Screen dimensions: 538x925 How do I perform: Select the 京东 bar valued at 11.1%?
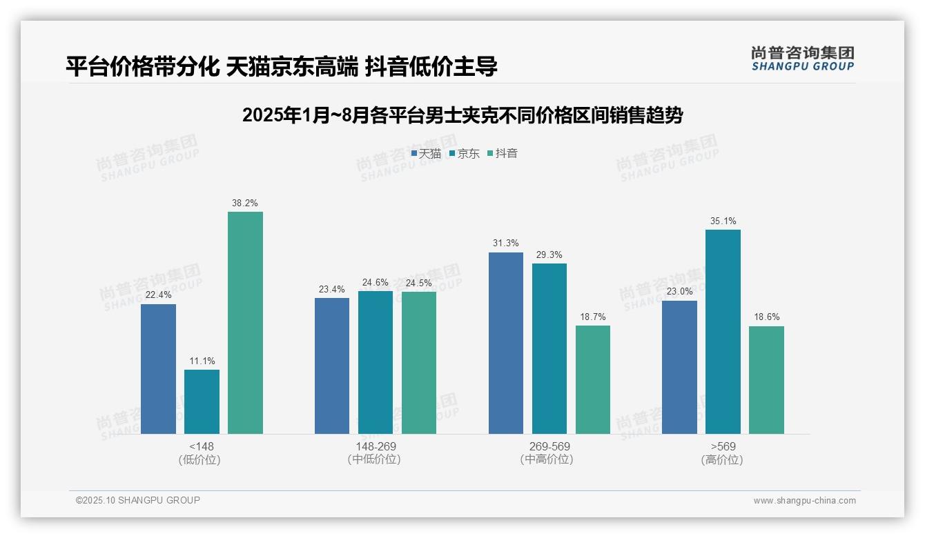(202, 401)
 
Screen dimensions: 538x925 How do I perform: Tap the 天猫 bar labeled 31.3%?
(506, 343)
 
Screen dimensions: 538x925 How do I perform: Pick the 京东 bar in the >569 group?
(723, 332)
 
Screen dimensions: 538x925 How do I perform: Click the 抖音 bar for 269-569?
(593, 379)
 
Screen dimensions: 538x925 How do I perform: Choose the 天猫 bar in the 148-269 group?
(332, 366)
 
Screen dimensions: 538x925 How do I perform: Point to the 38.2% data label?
(245, 203)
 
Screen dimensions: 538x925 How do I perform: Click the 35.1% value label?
(723, 221)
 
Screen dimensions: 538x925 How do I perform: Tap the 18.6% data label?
(766, 317)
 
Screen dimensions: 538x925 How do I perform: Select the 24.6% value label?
(376, 283)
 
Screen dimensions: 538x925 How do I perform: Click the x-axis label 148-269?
(376, 447)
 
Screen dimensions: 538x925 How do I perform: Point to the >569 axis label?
(723, 447)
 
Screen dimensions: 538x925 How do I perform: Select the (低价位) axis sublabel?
(200, 460)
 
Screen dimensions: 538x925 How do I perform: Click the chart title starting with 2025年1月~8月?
(463, 116)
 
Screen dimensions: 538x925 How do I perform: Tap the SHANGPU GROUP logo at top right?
(802, 59)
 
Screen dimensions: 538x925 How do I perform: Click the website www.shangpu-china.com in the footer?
(804, 501)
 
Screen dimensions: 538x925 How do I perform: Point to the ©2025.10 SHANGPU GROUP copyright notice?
(138, 501)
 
